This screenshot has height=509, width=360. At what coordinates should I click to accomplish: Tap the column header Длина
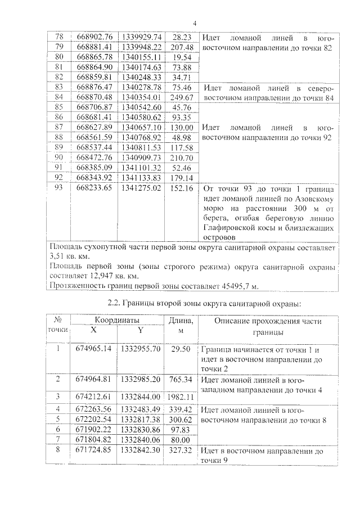pyautogui.click(x=181, y=321)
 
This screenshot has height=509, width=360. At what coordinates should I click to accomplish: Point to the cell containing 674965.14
pyautogui.click(x=93, y=349)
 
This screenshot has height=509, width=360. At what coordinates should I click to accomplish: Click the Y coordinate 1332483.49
pyautogui.click(x=141, y=409)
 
